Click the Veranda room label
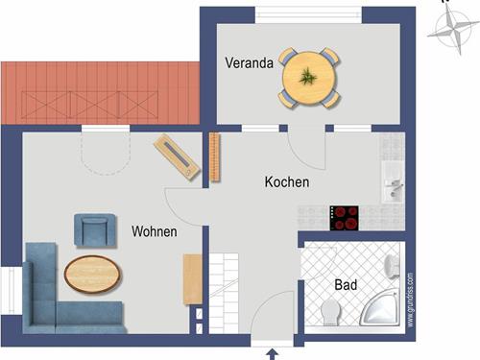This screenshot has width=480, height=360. pyautogui.click(x=249, y=63)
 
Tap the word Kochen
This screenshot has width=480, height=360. pyautogui.click(x=287, y=181)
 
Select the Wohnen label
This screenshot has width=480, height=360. pyautogui.click(x=155, y=232)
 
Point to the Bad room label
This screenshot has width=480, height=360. pyautogui.click(x=346, y=285)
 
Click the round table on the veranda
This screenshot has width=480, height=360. pyautogui.click(x=309, y=76)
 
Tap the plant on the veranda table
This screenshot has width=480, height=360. pyautogui.click(x=309, y=76)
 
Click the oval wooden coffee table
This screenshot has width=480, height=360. pyautogui.click(x=93, y=275)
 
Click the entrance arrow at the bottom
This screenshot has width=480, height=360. pyautogui.click(x=269, y=353)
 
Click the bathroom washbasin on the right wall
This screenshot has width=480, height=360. pyautogui.click(x=391, y=264)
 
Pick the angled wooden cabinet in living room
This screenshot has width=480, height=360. pyautogui.click(x=178, y=156)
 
